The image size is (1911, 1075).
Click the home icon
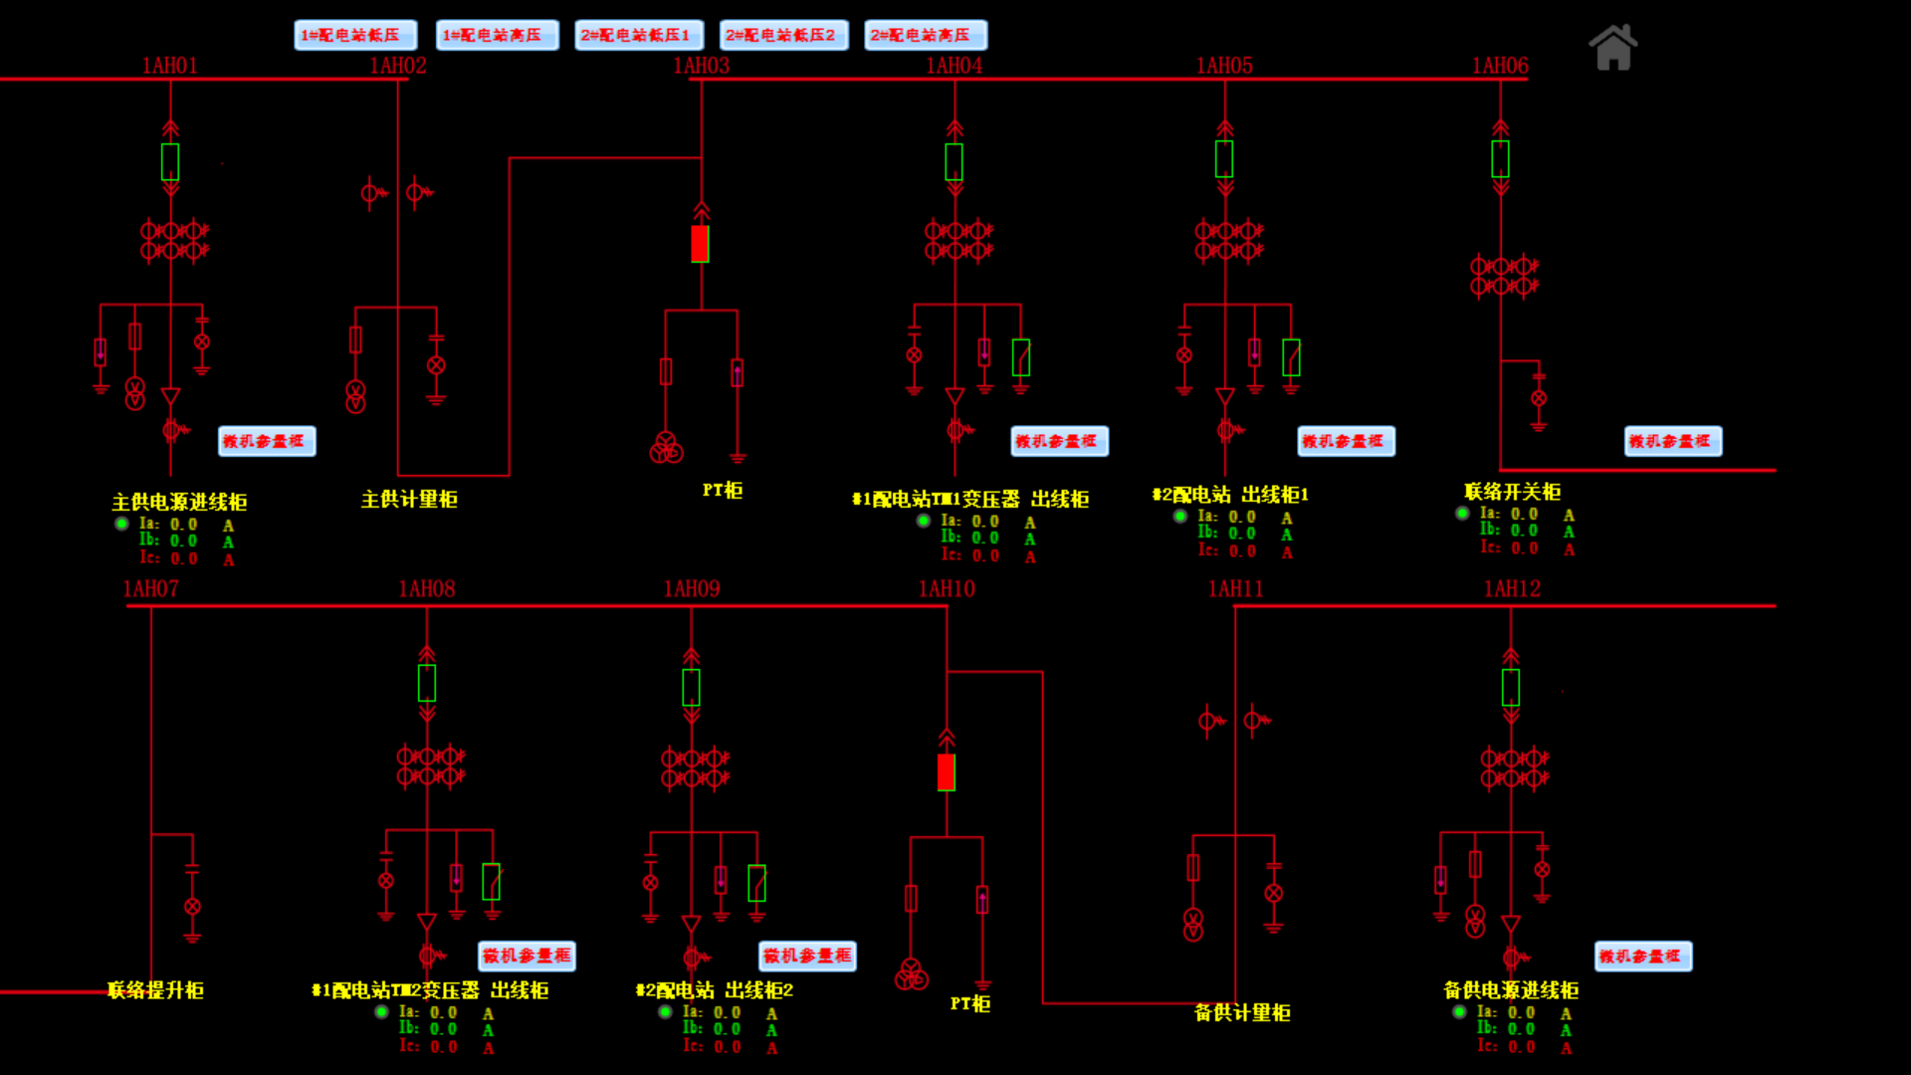point(1612,48)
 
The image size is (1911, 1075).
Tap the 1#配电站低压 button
point(355,35)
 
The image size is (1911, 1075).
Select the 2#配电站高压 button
point(925,35)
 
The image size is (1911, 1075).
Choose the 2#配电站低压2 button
point(783,35)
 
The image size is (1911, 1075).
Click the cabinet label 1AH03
point(701,66)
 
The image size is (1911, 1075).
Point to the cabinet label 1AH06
point(1500,66)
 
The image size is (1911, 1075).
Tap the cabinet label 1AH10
point(946,589)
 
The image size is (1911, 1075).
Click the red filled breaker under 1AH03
point(700,244)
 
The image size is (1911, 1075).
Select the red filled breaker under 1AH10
point(946,772)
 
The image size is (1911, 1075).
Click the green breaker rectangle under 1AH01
point(170,161)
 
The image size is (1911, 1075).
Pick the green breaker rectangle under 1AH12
point(1510,687)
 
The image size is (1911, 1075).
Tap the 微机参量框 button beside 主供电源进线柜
point(267,441)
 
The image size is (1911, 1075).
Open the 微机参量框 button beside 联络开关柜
point(1672,441)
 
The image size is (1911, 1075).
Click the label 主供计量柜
point(409,500)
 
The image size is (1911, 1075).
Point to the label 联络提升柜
point(155,990)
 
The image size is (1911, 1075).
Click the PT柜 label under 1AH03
point(722,491)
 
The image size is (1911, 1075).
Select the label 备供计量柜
point(1242,1013)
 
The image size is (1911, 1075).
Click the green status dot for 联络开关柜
point(1462,514)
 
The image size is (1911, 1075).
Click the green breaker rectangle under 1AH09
point(691,687)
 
